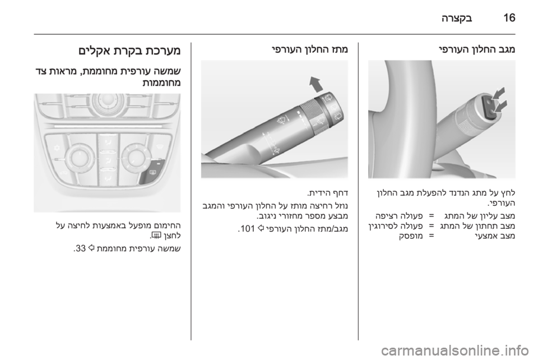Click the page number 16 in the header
pos(509,17)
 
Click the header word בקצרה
pos(457,18)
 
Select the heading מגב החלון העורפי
pos(477,50)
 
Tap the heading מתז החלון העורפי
pos(310,50)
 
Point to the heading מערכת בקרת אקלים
pos(129,51)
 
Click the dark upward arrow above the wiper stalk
pos(316,84)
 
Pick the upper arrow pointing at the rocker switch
pos(499,93)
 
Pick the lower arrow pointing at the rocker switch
pos(500,105)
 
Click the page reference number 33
pos(81,248)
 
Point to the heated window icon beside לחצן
pos(156,236)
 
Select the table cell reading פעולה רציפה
pos(399,216)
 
